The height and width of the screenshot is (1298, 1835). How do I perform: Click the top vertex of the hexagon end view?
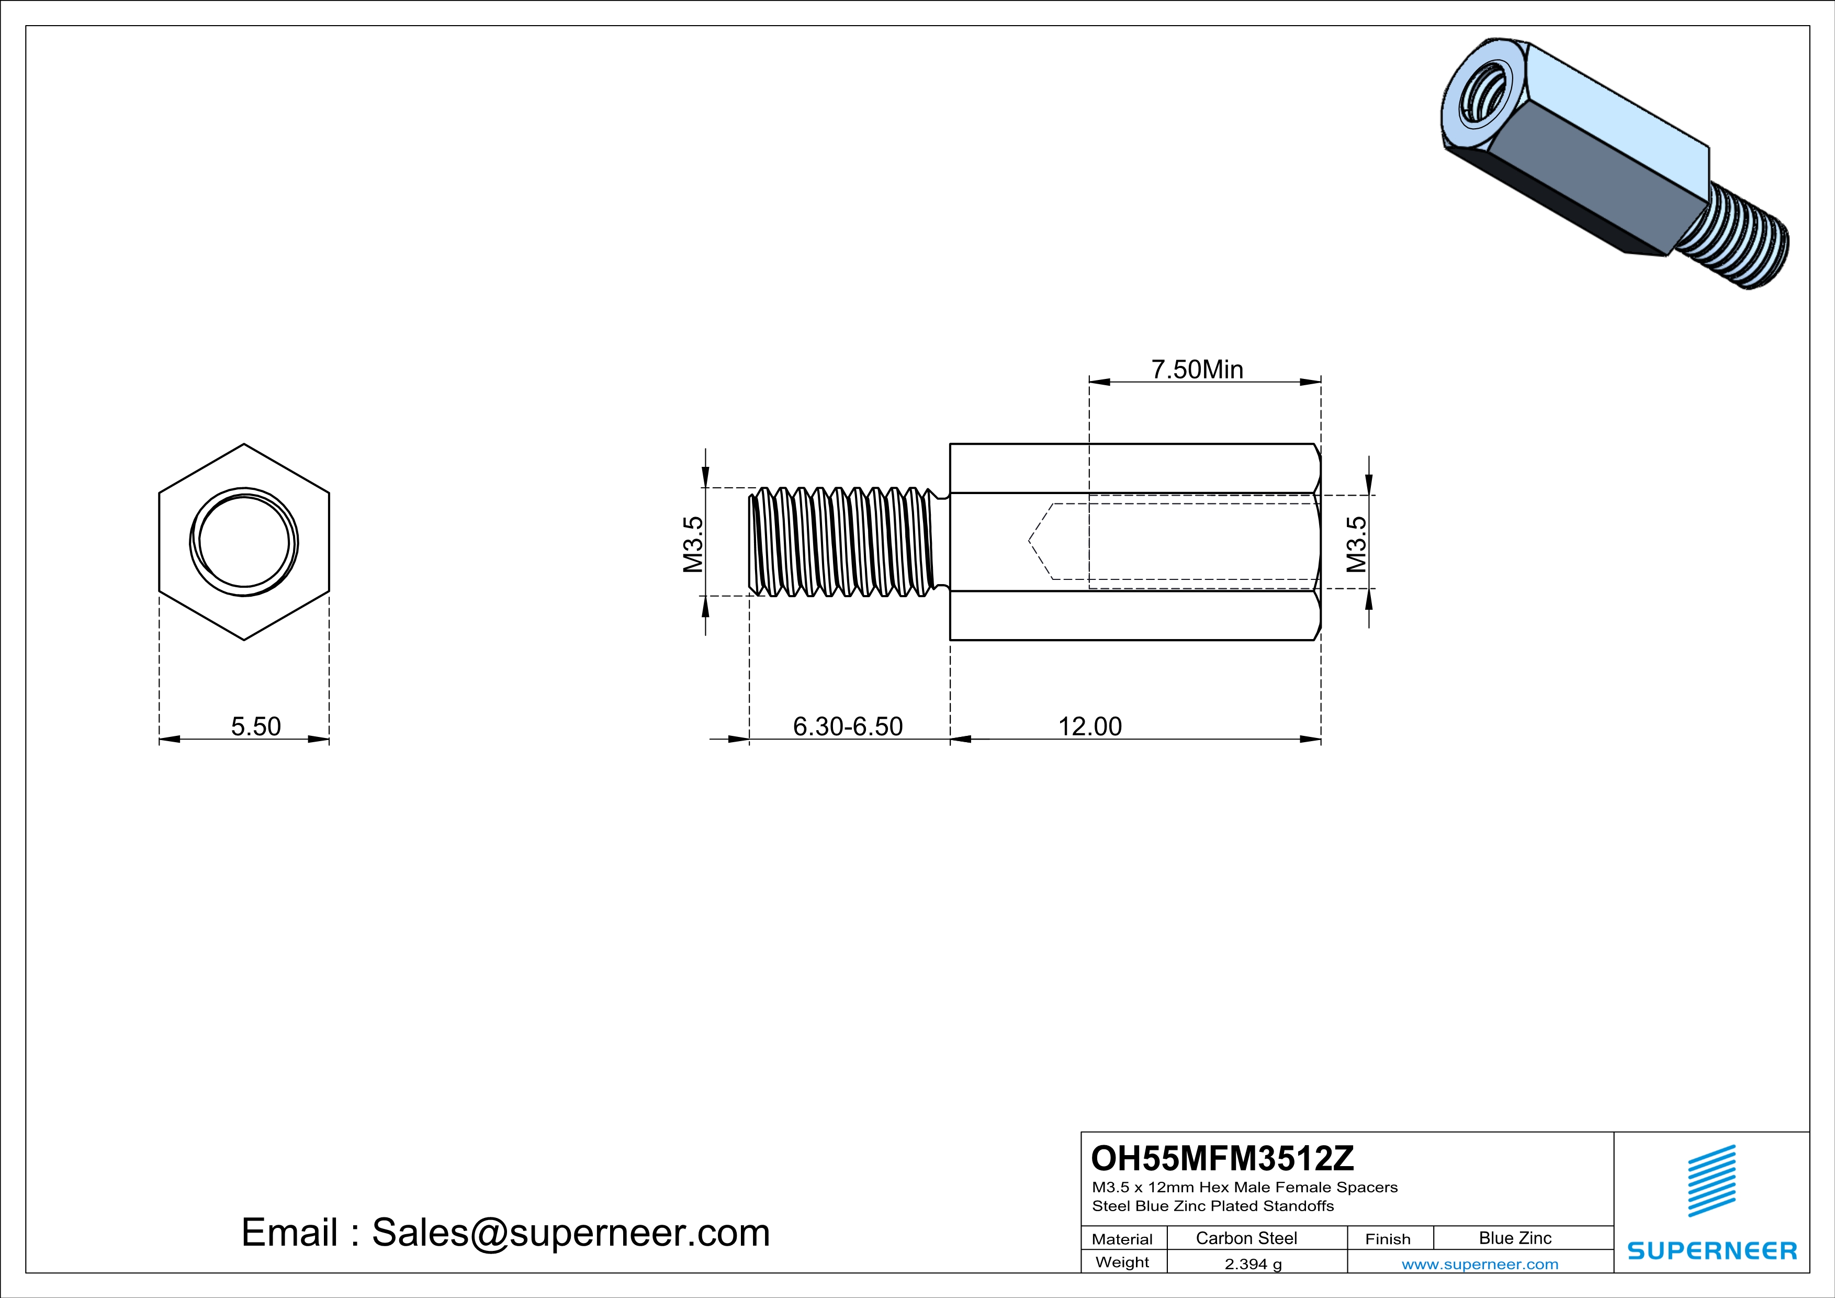coord(244,444)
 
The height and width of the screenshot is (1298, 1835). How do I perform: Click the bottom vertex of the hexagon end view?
coord(244,640)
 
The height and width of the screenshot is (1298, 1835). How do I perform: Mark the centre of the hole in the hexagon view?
coord(244,543)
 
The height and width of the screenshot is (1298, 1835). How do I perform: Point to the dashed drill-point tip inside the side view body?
coord(1029,542)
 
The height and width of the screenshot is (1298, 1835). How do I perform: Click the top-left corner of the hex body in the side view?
coord(950,444)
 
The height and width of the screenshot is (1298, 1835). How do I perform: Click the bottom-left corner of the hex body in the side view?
coord(950,640)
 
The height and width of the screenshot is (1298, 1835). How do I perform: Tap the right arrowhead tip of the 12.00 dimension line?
coord(1320,740)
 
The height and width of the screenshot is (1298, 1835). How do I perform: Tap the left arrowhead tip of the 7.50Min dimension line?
coord(1090,382)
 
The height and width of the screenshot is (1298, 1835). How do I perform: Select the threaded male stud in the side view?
coord(842,542)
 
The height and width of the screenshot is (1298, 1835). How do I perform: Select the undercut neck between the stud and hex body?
coord(943,542)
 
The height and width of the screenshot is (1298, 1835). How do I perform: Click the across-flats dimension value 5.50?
coord(256,726)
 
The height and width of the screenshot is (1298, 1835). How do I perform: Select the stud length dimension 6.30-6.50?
coord(848,726)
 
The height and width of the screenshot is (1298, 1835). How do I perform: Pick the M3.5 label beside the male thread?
coord(693,544)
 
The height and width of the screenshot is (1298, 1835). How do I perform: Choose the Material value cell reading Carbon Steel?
coord(1246,1238)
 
